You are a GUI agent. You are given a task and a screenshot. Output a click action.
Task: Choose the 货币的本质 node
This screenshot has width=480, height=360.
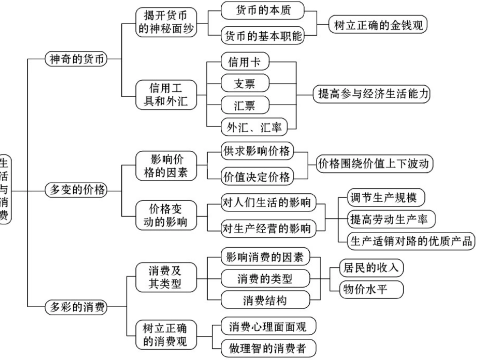(263, 10)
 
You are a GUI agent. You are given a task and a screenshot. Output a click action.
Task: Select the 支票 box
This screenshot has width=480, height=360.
(245, 83)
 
